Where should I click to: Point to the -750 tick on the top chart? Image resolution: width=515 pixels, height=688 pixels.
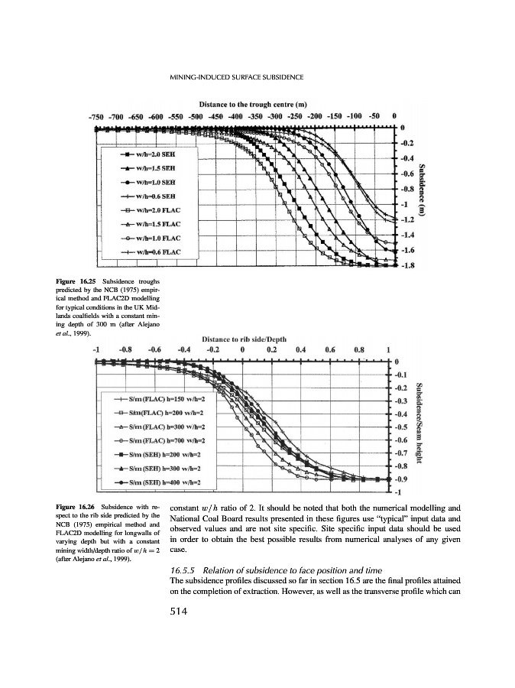(96, 116)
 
